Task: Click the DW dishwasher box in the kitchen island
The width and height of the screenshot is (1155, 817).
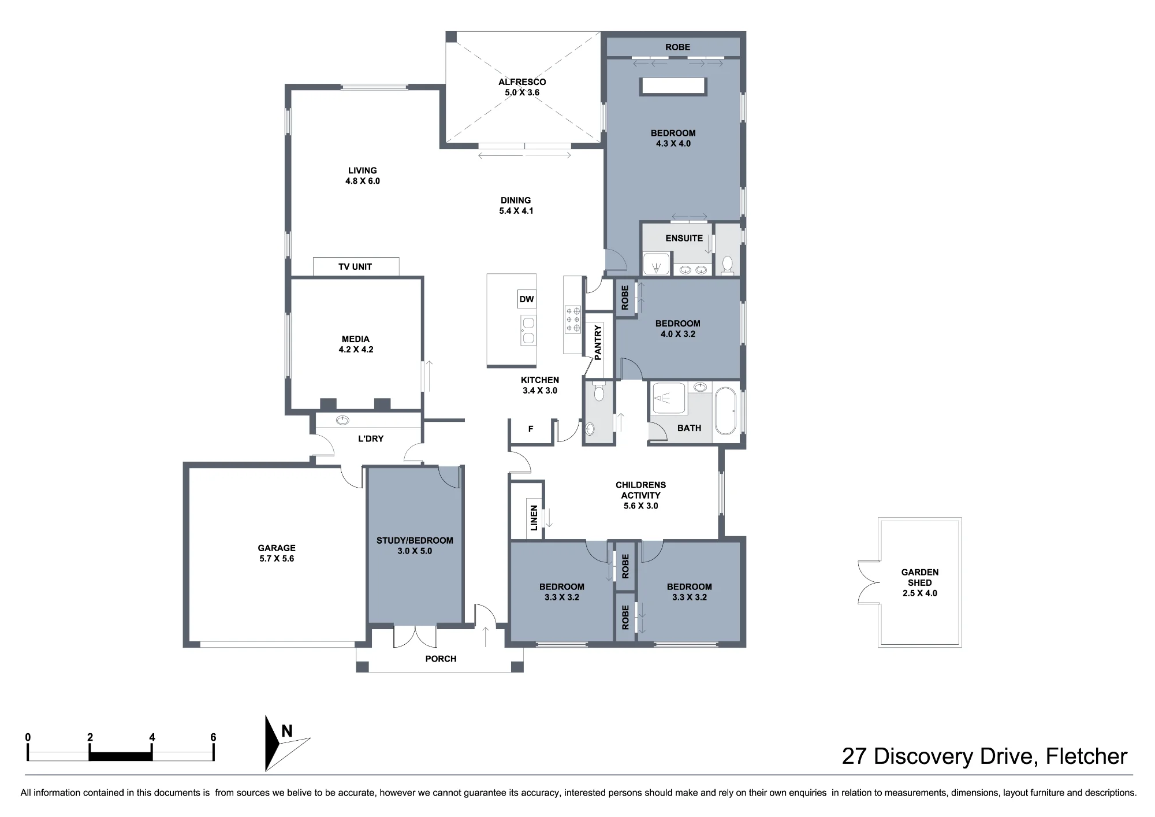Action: (527, 299)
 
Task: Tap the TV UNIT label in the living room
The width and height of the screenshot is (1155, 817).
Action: (355, 266)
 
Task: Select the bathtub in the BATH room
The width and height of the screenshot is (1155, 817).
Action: (726, 411)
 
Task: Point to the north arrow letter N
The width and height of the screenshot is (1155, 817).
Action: (286, 731)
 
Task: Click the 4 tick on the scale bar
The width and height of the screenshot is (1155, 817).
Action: (152, 751)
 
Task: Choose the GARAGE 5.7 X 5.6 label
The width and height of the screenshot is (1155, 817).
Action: (277, 553)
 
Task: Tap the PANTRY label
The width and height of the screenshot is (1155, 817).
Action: (598, 343)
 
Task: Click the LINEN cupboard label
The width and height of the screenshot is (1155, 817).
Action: (534, 518)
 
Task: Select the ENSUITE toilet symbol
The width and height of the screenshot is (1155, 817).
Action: (728, 265)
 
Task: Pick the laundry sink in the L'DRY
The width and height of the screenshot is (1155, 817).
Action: (343, 420)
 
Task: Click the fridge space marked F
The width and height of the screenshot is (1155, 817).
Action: (531, 429)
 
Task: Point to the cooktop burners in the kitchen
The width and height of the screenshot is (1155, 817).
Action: (573, 320)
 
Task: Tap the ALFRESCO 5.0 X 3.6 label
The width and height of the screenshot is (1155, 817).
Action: (522, 87)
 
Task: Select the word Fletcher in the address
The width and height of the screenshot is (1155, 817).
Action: (1086, 756)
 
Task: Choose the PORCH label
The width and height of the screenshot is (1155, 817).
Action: (441, 659)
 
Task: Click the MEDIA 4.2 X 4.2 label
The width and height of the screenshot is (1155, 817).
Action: (356, 344)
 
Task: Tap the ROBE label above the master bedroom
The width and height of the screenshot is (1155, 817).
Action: (677, 47)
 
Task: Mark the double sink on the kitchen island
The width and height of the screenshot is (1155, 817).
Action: (528, 330)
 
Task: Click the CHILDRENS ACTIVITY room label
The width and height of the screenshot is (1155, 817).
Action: (640, 495)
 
